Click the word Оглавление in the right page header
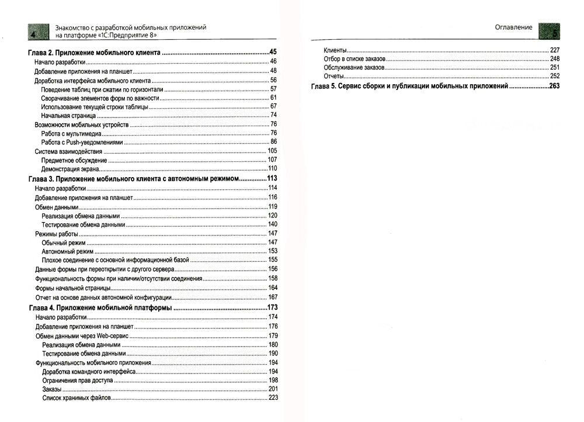[513, 27]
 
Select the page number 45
[273, 53]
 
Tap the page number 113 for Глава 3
[272, 178]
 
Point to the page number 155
[273, 260]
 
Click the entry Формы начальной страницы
[73, 289]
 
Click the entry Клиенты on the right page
[335, 50]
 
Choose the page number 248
[555, 59]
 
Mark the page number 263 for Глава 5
[554, 86]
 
